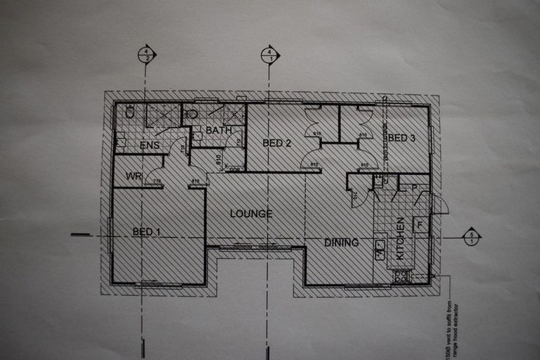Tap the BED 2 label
pyautogui.click(x=276, y=143)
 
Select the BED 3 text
pyautogui.click(x=401, y=139)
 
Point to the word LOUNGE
pyautogui.click(x=250, y=214)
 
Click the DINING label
pyautogui.click(x=342, y=243)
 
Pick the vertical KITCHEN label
pyautogui.click(x=400, y=238)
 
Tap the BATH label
pyautogui.click(x=219, y=131)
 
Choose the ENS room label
pyautogui.click(x=149, y=146)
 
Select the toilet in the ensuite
pyautogui.click(x=130, y=111)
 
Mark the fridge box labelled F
pyautogui.click(x=420, y=226)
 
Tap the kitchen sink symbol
pyautogui.click(x=380, y=247)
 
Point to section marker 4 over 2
pyautogui.click(x=146, y=55)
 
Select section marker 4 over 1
pyautogui.click(x=269, y=55)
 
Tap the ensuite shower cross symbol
pyautogui.click(x=162, y=115)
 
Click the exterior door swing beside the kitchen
pyautogui.click(x=439, y=205)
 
